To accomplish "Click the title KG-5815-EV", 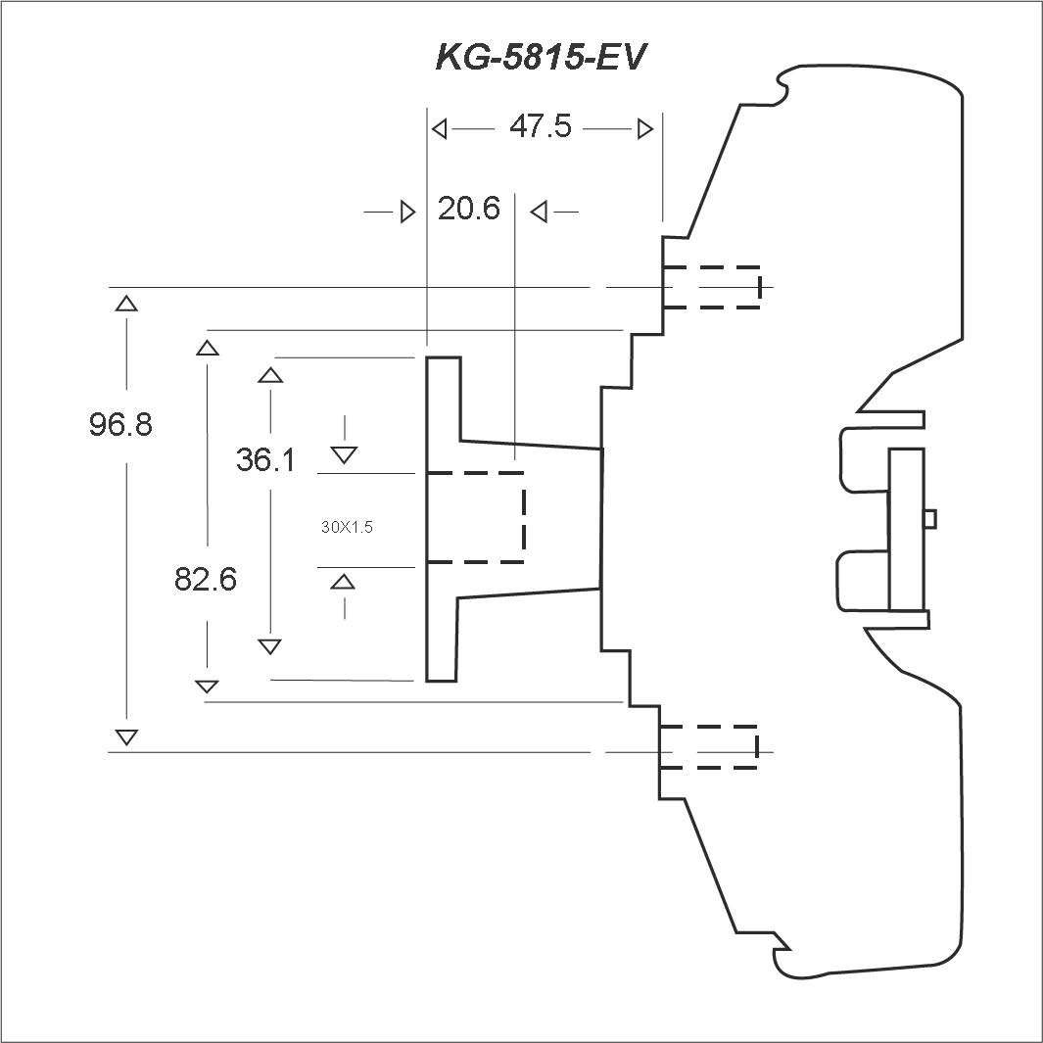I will pyautogui.click(x=541, y=57).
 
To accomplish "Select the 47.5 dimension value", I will pyautogui.click(x=541, y=127).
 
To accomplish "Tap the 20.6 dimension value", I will pyautogui.click(x=468, y=209).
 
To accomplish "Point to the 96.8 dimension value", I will pyautogui.click(x=120, y=424).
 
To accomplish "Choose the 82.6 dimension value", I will pyautogui.click(x=206, y=580).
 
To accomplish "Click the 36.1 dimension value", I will pyautogui.click(x=265, y=459).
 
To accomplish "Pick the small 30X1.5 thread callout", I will pyautogui.click(x=347, y=527).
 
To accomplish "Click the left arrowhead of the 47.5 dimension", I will pyautogui.click(x=440, y=128).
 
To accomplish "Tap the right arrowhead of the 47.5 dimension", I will pyautogui.click(x=644, y=128).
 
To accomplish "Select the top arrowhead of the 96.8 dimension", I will pyautogui.click(x=126, y=303).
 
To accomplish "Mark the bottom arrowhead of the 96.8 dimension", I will pyautogui.click(x=126, y=736).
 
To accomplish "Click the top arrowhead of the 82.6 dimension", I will pyautogui.click(x=207, y=347).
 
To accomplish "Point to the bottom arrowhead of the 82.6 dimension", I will pyautogui.click(x=207, y=686).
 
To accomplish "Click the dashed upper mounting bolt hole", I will pyautogui.click(x=711, y=287).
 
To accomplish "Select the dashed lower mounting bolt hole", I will pyautogui.click(x=708, y=747).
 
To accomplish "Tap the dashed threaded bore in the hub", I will pyautogui.click(x=476, y=517).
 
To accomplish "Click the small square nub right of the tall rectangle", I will pyautogui.click(x=930, y=517).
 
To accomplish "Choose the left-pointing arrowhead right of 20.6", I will pyautogui.click(x=538, y=212).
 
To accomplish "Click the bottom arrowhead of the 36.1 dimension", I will pyautogui.click(x=269, y=646).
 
